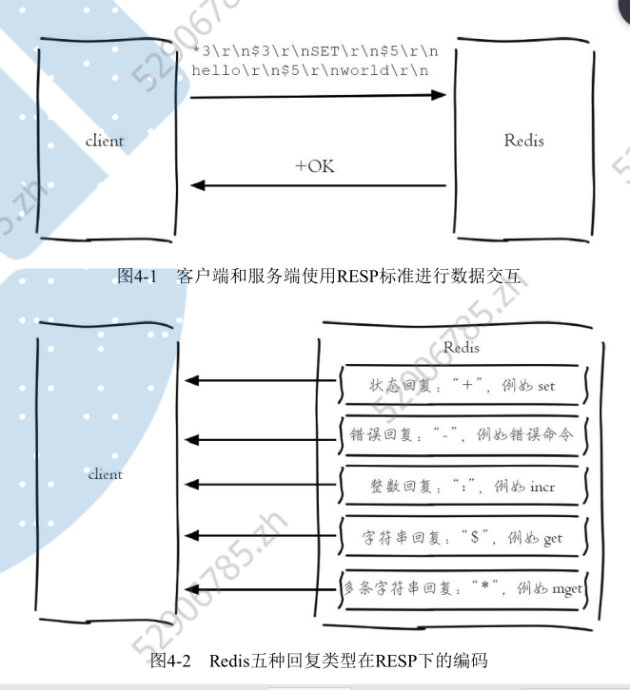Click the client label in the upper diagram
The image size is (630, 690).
(105, 141)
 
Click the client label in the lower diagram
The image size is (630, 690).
(106, 473)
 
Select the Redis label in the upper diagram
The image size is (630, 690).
(523, 141)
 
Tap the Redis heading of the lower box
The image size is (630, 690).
(462, 349)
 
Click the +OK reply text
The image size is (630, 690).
(314, 166)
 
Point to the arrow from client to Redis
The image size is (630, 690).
(318, 95)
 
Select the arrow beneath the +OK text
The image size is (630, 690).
(318, 186)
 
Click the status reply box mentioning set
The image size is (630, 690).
(462, 386)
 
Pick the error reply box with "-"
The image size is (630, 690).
(462, 435)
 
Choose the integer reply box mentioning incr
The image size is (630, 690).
(462, 487)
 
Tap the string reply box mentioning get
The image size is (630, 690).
(462, 538)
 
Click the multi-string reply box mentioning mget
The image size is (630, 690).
(462, 588)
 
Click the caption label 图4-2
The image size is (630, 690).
(171, 659)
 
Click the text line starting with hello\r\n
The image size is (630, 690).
(309, 70)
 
